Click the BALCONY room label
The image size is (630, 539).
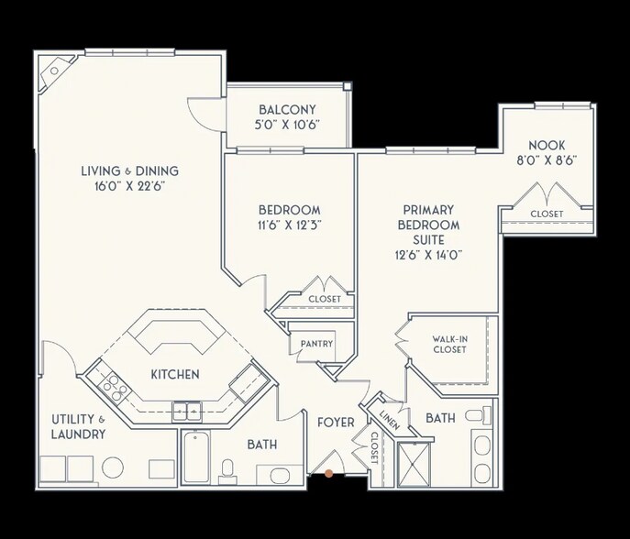(288, 109)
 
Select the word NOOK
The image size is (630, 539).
(547, 145)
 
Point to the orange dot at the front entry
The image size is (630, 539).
(329, 474)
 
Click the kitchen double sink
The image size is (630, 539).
(189, 411)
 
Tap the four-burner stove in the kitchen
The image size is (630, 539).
(114, 388)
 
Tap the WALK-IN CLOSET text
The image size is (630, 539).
(450, 344)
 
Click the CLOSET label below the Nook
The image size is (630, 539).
(547, 214)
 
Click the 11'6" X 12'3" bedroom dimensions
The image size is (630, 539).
(289, 224)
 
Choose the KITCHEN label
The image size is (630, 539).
(175, 375)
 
